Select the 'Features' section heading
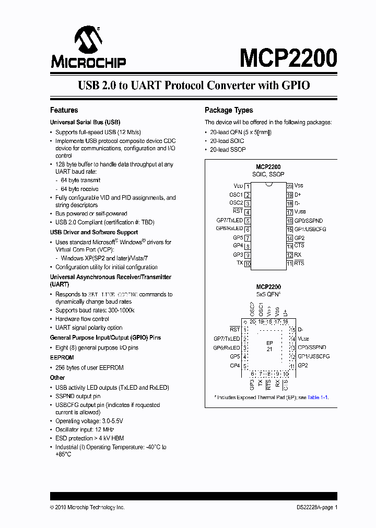(64, 110)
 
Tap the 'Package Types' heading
(229, 110)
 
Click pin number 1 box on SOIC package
(248, 186)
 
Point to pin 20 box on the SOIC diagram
(289, 186)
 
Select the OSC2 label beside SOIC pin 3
(236, 203)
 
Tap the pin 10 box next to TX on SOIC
(248, 264)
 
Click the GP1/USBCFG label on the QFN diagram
(314, 356)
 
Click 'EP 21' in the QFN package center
(269, 345)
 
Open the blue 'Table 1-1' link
(318, 398)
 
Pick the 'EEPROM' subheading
(62, 358)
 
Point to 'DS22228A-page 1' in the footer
(314, 508)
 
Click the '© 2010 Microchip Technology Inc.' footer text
(87, 508)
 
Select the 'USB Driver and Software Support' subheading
(94, 232)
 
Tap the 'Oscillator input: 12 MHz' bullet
(85, 429)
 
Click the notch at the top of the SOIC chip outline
(268, 184)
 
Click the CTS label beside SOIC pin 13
(299, 246)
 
